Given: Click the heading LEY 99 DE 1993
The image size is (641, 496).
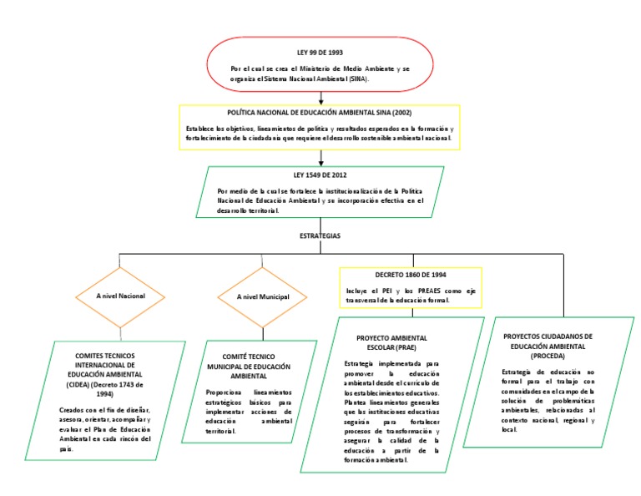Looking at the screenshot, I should [320, 52].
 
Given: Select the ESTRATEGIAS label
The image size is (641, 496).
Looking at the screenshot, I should [320, 236].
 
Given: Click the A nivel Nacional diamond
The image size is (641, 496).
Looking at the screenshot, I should [120, 296].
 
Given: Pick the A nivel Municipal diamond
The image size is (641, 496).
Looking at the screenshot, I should [263, 296].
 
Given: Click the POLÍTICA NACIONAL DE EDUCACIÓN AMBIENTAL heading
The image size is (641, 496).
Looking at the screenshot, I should [320, 112].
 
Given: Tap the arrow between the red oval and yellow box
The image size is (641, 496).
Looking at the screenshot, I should [320, 98].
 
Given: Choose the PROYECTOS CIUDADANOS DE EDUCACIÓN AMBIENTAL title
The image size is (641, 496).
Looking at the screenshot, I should [548, 345].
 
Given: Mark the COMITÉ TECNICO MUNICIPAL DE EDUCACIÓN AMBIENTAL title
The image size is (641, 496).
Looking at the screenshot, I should [249, 366].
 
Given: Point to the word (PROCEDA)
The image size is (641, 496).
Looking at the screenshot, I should [548, 355].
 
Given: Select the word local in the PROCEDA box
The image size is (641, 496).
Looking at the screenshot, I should [509, 430].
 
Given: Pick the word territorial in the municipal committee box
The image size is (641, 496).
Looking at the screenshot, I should [221, 431].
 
